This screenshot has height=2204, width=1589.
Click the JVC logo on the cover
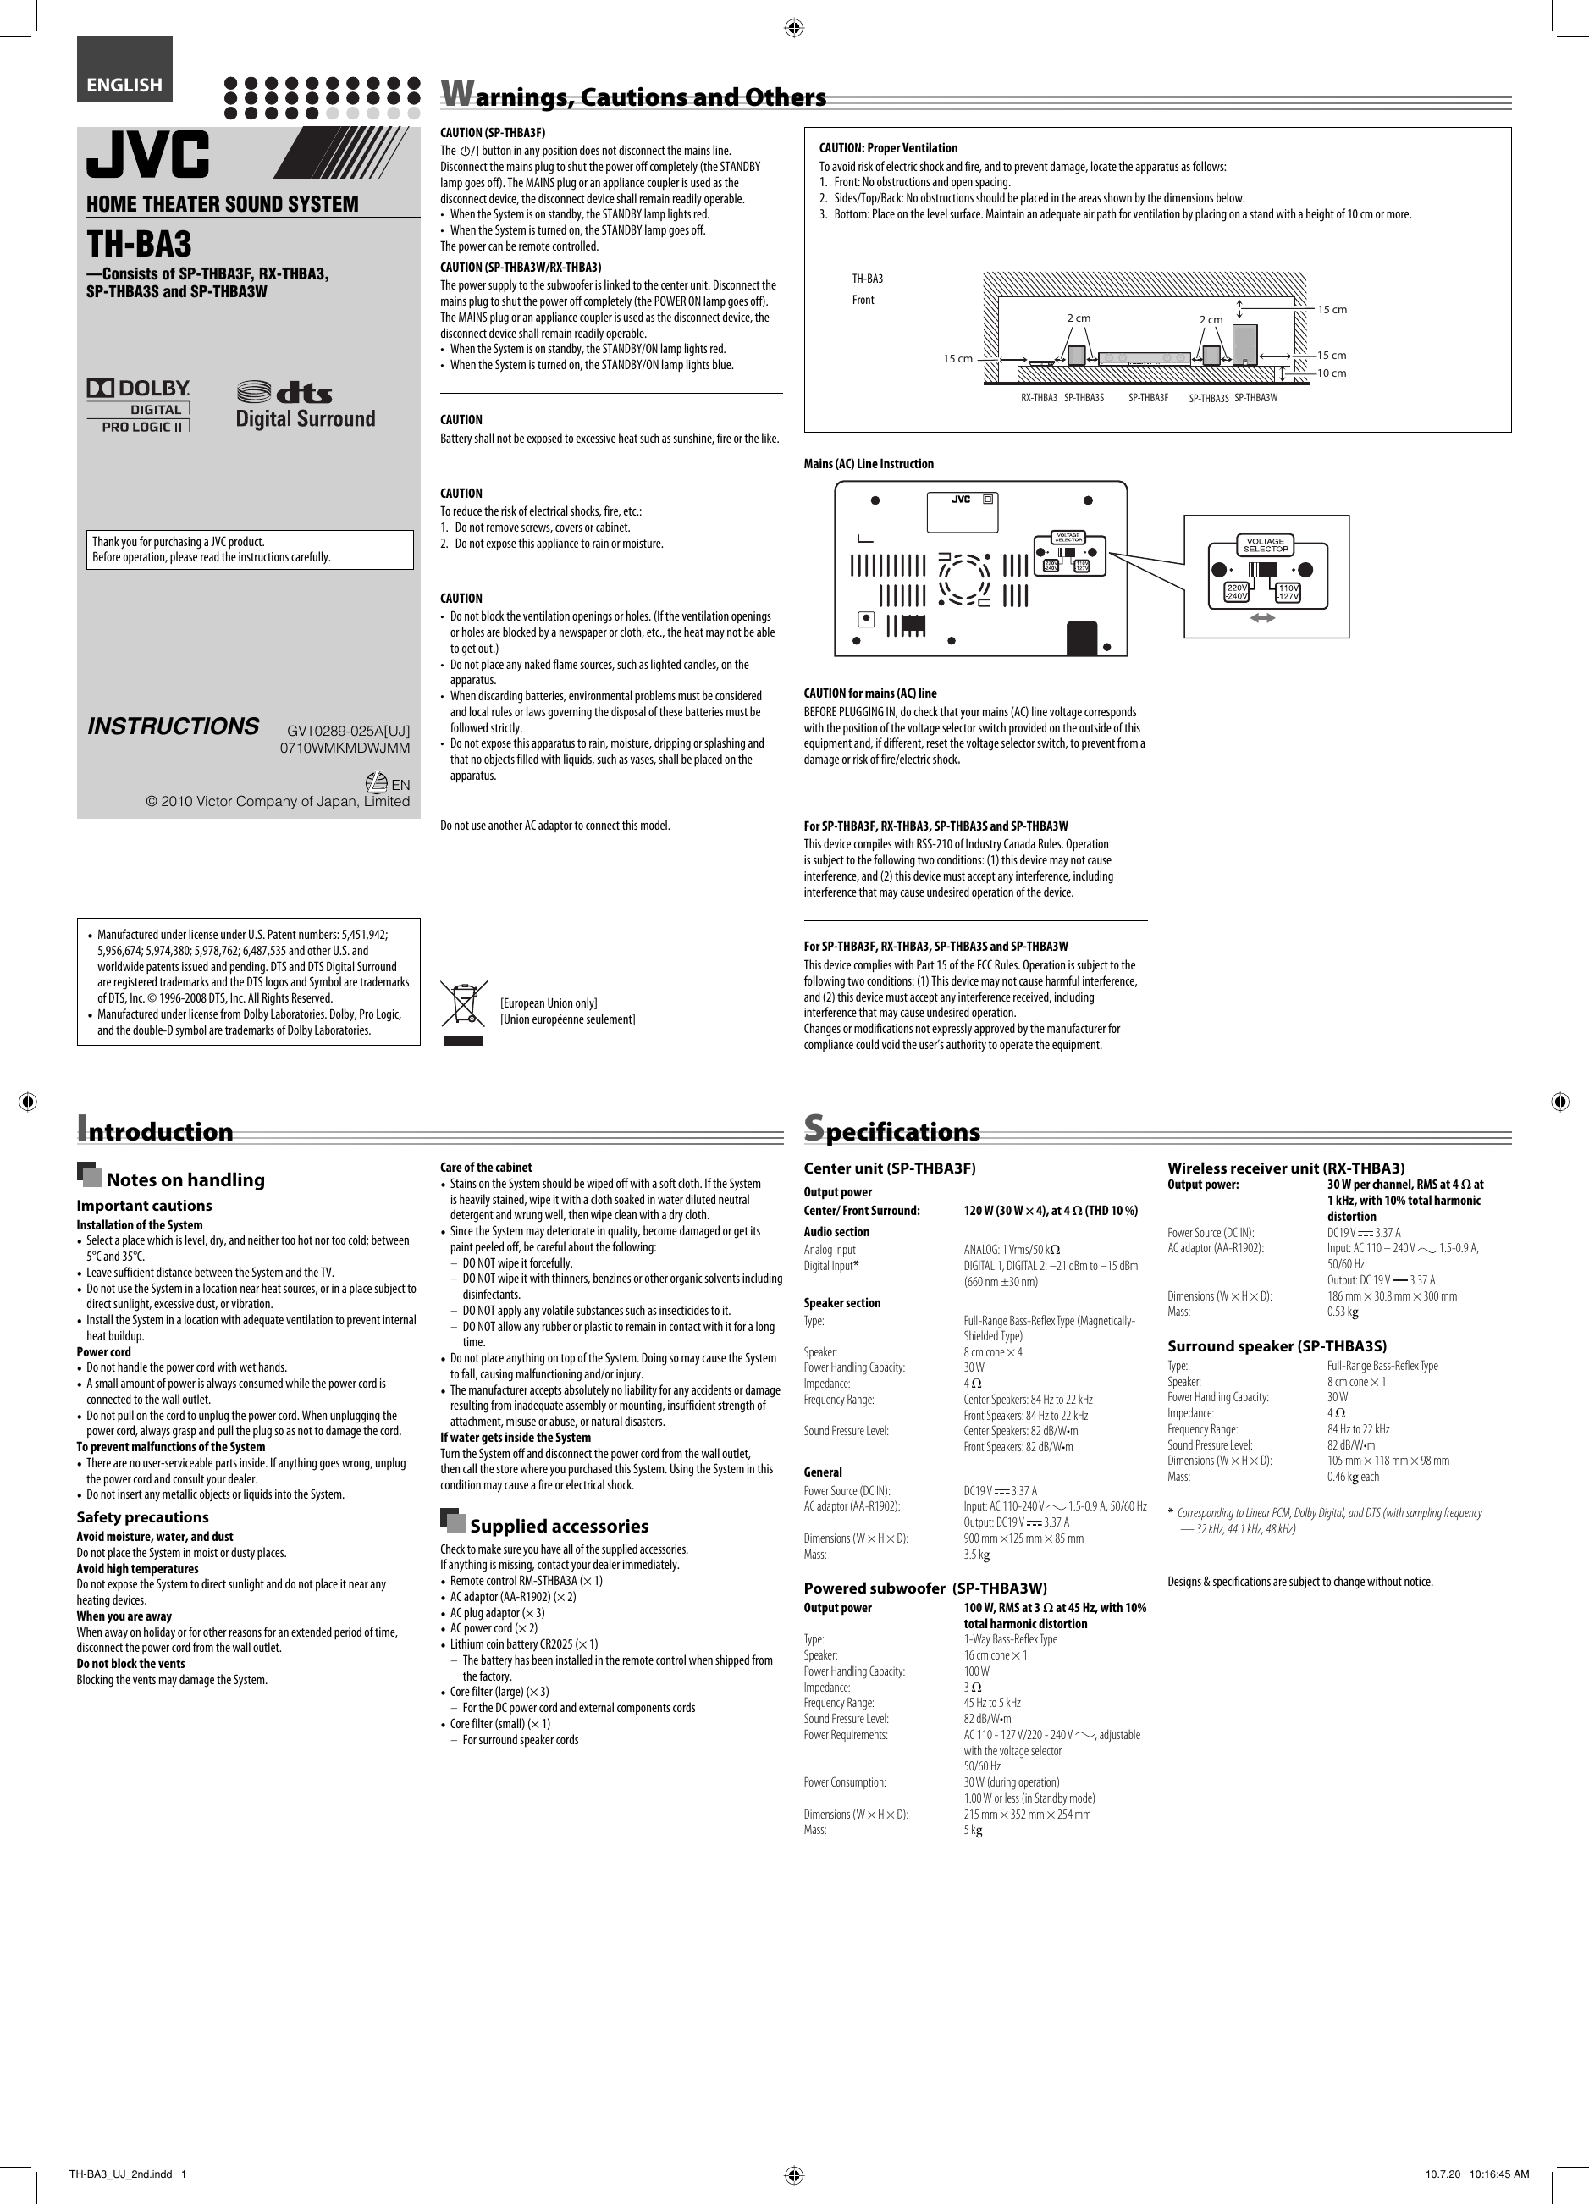coord(147,156)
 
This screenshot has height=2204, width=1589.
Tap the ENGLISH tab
coord(124,85)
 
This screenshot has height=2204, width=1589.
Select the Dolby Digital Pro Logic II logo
coord(138,406)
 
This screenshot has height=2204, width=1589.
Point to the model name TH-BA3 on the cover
coord(140,243)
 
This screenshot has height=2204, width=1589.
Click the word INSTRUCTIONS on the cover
coord(173,726)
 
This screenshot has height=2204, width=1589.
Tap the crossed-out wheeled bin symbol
coord(464,1005)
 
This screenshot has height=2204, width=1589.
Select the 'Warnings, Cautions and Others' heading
coord(634,97)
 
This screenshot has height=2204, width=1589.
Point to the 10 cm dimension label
coord(1332,373)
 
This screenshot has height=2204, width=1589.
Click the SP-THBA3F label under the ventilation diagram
coord(1148,397)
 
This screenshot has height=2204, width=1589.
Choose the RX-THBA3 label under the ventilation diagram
coord(1038,397)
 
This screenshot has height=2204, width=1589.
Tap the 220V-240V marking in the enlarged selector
coord(1236,592)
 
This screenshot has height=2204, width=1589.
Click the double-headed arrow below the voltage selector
coord(1261,618)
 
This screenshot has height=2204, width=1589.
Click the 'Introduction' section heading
coord(156,1131)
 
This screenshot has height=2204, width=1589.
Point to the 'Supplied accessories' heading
coord(558,1526)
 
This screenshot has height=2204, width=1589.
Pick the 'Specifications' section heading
coord(892,1131)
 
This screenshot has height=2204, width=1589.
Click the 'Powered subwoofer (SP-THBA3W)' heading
coord(925,1588)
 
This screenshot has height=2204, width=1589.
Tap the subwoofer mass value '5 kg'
coord(973,1830)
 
